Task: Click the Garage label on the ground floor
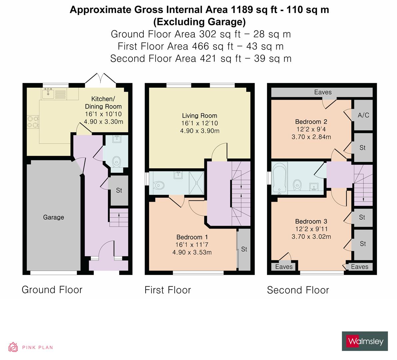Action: [x=53, y=217]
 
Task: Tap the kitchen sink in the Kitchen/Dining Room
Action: [x=48, y=93]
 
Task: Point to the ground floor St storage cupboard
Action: [x=119, y=191]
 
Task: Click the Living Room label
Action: [x=199, y=116]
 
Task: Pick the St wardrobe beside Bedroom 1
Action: [x=244, y=249]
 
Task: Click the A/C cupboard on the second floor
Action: [x=363, y=115]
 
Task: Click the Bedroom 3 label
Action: [x=311, y=221]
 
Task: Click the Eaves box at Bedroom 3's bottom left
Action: [x=284, y=267]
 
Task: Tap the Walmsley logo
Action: [x=365, y=341]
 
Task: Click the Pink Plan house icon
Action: [x=13, y=347]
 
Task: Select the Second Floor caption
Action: [x=298, y=290]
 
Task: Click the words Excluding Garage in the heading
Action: [x=199, y=22]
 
